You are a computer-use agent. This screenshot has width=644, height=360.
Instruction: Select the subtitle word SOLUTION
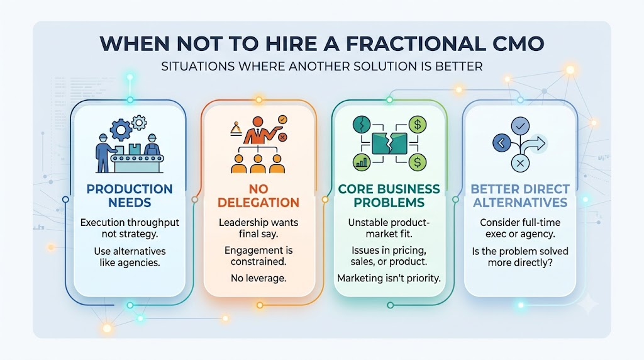(392, 66)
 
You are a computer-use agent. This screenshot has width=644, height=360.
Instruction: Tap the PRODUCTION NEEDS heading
(130, 196)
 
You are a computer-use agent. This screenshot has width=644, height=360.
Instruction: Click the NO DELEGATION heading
(258, 196)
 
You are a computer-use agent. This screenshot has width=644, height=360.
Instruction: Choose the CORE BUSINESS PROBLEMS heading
(389, 196)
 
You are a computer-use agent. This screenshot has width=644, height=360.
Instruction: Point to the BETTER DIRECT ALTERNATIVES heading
(520, 196)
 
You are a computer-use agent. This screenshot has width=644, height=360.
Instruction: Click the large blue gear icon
(121, 130)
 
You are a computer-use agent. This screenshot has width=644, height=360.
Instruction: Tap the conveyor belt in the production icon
(136, 158)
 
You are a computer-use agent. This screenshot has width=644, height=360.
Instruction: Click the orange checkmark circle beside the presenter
(282, 120)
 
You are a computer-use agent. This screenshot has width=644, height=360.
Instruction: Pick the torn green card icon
(389, 143)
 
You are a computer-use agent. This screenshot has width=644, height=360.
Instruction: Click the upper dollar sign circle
(418, 125)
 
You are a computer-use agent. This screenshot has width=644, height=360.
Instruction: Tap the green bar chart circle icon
(362, 162)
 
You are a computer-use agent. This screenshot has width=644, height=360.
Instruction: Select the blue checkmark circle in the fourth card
(520, 126)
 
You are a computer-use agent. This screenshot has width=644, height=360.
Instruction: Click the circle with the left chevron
(501, 143)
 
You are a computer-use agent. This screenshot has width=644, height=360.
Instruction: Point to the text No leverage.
(258, 278)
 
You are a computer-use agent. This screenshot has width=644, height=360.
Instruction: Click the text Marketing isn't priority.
(389, 278)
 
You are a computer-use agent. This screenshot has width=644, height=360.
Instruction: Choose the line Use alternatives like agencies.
(130, 257)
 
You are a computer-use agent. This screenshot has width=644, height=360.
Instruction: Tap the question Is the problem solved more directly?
(520, 257)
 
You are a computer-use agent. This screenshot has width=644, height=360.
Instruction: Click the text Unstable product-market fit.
(389, 228)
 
